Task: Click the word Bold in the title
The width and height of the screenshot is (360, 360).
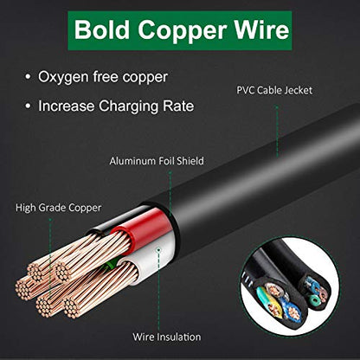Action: coord(102,29)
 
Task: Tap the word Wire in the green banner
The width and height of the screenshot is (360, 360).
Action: coord(261,29)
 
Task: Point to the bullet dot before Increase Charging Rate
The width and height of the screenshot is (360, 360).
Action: coord(28,106)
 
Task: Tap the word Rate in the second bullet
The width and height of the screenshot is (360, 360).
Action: coord(178,106)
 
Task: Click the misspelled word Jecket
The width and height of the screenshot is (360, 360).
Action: coord(299,90)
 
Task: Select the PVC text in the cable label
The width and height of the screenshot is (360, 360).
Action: coord(246,90)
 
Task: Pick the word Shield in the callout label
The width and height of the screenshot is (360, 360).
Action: coord(190,161)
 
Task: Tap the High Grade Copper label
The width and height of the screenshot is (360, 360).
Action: coord(58,208)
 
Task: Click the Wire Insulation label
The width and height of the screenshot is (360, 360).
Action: coord(167,337)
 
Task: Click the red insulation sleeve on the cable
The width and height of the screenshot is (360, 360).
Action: coord(145,228)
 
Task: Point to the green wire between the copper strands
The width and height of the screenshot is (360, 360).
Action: coord(111,263)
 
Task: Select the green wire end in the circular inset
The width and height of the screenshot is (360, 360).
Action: coord(313,300)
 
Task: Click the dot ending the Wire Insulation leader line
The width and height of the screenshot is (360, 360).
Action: coord(158,250)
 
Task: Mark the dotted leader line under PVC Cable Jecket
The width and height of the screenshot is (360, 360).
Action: coord(277,132)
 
